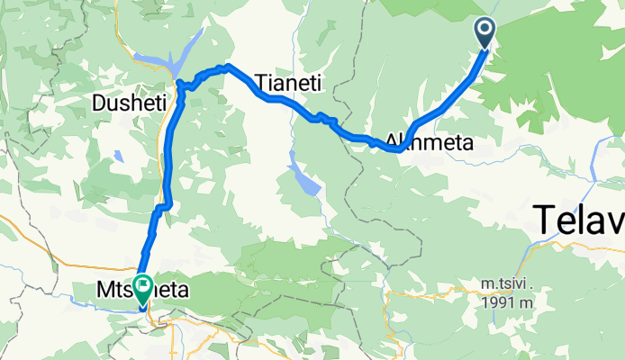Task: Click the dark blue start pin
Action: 485,34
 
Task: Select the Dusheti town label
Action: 130,104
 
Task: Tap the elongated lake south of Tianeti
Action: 304,177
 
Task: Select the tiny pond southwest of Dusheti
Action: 119,157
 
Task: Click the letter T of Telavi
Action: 542,220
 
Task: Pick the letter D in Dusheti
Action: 99,104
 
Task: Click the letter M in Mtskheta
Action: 104,290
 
